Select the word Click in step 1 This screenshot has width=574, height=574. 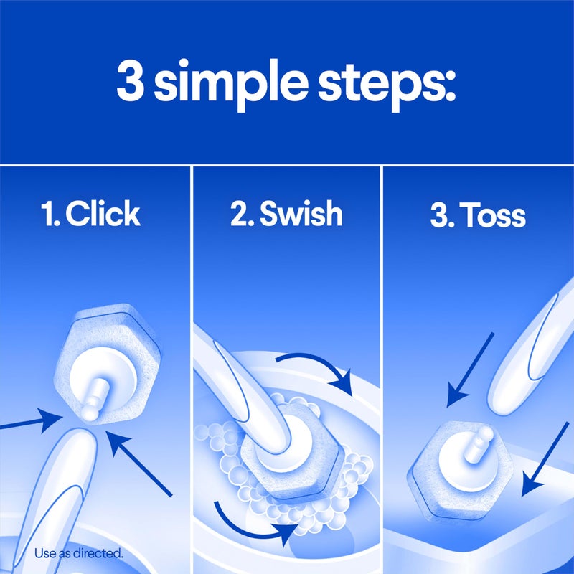click(x=102, y=215)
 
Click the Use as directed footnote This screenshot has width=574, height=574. click(x=79, y=553)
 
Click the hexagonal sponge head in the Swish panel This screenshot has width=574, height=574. click(x=287, y=459)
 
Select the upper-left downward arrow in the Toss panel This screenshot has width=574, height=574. click(x=470, y=366)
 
